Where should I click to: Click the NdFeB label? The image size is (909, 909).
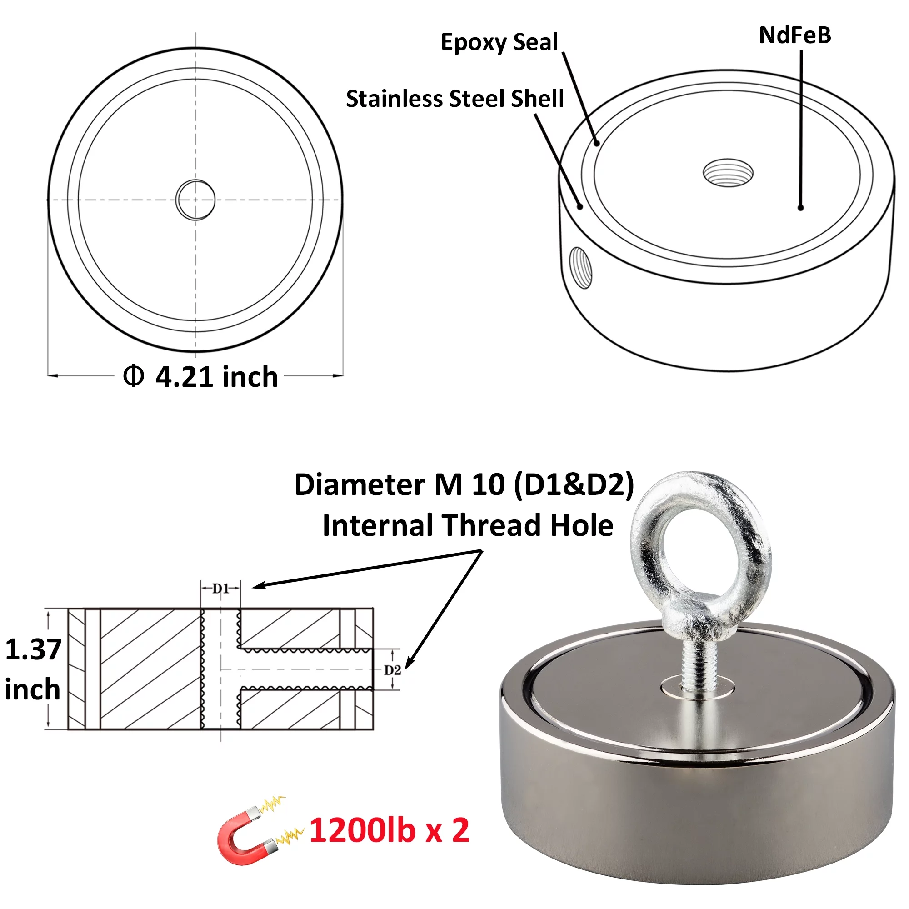pyautogui.click(x=794, y=35)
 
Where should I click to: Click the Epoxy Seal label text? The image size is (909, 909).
pyautogui.click(x=499, y=42)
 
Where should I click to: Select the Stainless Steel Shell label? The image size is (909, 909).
pyautogui.click(x=454, y=99)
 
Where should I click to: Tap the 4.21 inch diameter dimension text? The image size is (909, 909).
pyautogui.click(x=216, y=377)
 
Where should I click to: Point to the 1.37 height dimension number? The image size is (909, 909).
pyautogui.click(x=33, y=649)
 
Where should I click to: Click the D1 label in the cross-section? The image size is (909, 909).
pyautogui.click(x=220, y=588)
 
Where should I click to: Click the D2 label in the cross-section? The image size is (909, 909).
pyautogui.click(x=392, y=670)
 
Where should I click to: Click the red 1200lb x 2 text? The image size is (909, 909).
pyautogui.click(x=389, y=830)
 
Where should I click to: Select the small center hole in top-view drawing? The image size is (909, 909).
pyautogui.click(x=195, y=200)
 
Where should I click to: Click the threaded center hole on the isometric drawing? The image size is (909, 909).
pyautogui.click(x=728, y=173)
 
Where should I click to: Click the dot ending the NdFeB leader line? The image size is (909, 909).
pyautogui.click(x=800, y=208)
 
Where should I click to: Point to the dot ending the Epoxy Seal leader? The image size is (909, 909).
pyautogui.click(x=597, y=143)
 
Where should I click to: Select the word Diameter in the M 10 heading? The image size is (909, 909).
pyautogui.click(x=360, y=484)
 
